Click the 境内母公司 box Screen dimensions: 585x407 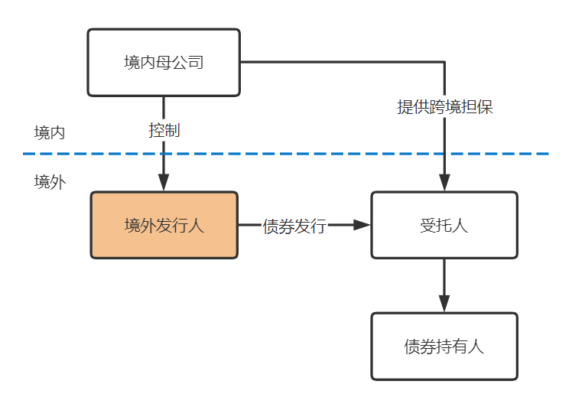(x=164, y=63)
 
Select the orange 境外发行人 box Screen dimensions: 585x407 (x=164, y=225)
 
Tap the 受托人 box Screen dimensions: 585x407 (x=444, y=225)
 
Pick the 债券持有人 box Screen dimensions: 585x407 (x=444, y=347)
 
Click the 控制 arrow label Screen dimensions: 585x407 (x=164, y=130)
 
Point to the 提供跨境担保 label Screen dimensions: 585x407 (x=445, y=107)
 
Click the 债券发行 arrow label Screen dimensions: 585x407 (x=294, y=226)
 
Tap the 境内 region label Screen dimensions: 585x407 (x=50, y=133)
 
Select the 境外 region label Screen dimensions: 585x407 (x=50, y=182)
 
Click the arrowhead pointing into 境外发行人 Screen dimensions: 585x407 (x=164, y=183)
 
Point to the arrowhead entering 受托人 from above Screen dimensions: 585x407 (x=444, y=183)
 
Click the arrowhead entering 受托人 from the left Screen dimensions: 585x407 (x=362, y=225)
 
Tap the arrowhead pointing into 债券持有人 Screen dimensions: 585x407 (x=444, y=304)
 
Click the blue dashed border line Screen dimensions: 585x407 (x=286, y=154)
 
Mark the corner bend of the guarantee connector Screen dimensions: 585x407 (x=444, y=62)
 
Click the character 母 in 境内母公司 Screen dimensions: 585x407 (x=164, y=63)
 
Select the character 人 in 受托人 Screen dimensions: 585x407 (x=460, y=226)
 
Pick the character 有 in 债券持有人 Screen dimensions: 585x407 (x=460, y=347)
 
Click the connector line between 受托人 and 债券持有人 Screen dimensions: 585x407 (x=444, y=277)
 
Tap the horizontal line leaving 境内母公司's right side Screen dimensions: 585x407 (x=343, y=62)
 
